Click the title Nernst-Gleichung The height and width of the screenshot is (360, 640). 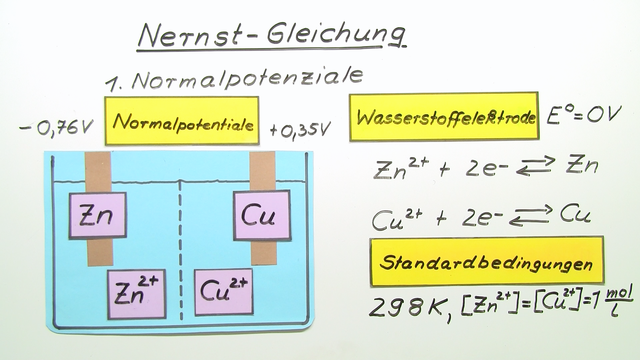[x=271, y=35]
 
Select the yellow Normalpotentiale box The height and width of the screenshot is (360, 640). [x=181, y=125]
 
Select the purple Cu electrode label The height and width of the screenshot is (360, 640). [x=263, y=215]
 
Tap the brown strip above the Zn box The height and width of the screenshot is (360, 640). [x=100, y=172]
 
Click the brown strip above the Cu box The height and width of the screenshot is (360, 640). [x=261, y=172]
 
